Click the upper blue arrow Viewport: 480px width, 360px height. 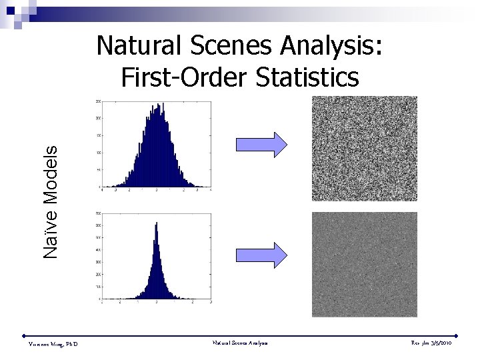(x=261, y=144)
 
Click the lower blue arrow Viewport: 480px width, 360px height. (x=261, y=255)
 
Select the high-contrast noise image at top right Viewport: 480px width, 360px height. (x=364, y=148)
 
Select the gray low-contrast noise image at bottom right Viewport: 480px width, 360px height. (x=364, y=264)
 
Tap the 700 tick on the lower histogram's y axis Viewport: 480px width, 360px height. (x=98, y=214)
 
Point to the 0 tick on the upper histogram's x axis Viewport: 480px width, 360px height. (x=156, y=190)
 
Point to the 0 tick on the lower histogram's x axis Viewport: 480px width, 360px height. (x=156, y=302)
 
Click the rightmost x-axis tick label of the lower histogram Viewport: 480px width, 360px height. (x=211, y=302)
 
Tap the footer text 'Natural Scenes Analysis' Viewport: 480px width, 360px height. (x=240, y=343)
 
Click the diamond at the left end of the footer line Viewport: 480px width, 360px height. (x=23, y=335)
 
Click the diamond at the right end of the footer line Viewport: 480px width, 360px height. (x=456, y=335)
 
